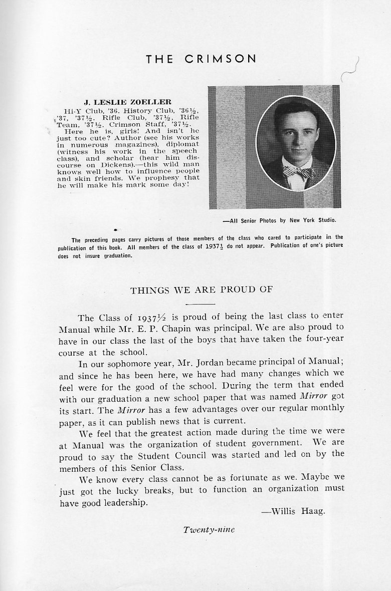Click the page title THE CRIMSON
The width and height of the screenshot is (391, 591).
click(201, 59)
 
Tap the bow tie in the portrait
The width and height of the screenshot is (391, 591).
click(298, 172)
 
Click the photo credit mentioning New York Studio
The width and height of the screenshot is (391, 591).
click(279, 220)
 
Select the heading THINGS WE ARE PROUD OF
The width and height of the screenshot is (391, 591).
click(202, 290)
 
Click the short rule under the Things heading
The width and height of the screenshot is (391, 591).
click(200, 304)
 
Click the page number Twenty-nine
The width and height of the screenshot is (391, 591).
click(209, 529)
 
